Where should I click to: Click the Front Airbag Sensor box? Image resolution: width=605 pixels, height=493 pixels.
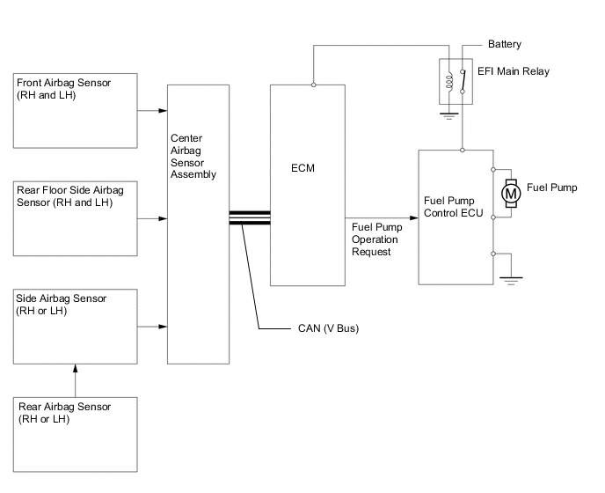pyautogui.click(x=75, y=111)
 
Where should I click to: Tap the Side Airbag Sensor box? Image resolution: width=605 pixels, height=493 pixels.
pyautogui.click(x=75, y=325)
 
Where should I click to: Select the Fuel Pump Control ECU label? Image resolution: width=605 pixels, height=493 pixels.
pyautogui.click(x=449, y=207)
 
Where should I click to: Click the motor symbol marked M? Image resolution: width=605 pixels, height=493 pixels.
pyautogui.click(x=510, y=192)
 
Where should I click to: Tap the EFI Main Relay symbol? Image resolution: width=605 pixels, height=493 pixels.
pyautogui.click(x=456, y=81)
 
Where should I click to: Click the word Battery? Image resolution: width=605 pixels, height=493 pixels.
pyautogui.click(x=504, y=43)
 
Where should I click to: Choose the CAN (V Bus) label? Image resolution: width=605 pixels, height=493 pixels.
pyautogui.click(x=324, y=329)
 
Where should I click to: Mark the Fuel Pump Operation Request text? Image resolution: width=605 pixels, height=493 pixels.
pyautogui.click(x=374, y=239)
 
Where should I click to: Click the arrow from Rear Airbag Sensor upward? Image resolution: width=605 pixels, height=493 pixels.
pyautogui.click(x=76, y=379)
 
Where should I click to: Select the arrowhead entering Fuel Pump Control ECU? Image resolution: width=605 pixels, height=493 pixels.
pyautogui.click(x=414, y=217)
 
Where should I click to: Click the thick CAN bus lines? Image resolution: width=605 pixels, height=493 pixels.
pyautogui.click(x=249, y=217)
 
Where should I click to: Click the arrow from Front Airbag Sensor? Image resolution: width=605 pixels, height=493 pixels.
pyautogui.click(x=151, y=111)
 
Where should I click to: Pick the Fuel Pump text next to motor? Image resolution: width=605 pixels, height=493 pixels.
pyautogui.click(x=551, y=188)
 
